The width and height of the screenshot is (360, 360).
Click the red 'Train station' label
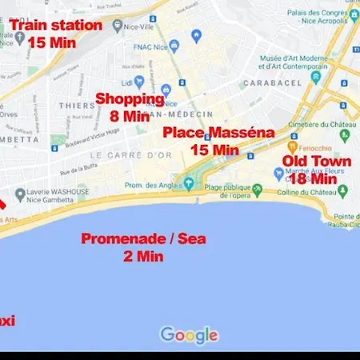point(57,26)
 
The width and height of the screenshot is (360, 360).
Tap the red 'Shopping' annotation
point(130,99)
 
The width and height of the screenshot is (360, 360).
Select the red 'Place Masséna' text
point(218,133)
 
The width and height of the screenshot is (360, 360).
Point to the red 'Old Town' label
point(317,162)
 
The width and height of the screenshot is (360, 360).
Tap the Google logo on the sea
point(189,334)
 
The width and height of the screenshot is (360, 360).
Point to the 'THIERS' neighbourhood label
point(77,105)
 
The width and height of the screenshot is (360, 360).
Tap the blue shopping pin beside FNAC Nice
point(196,36)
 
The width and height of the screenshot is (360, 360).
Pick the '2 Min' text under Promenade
point(143,256)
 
